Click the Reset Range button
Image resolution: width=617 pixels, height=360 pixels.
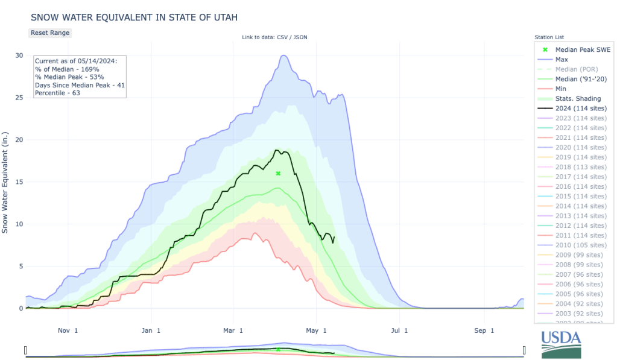tap(50, 33)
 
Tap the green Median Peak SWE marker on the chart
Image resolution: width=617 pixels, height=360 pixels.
tap(278, 174)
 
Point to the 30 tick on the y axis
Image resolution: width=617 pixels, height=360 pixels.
tap(19, 55)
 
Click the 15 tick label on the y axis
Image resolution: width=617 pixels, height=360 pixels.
tap(19, 182)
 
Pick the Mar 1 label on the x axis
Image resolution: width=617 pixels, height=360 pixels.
tap(232, 330)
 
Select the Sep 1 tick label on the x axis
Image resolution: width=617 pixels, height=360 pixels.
tap(484, 330)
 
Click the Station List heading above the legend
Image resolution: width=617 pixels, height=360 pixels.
tap(549, 37)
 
